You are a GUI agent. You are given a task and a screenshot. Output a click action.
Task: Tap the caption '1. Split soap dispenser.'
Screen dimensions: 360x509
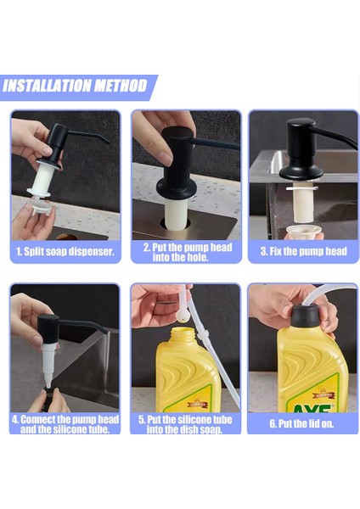[x=65, y=252]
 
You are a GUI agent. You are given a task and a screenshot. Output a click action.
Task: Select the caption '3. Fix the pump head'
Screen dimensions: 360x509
[x=303, y=252]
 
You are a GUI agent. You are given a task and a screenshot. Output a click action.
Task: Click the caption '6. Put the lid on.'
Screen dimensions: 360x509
[x=301, y=423]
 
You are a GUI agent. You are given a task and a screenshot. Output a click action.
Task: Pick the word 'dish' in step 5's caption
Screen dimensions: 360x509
[x=186, y=430]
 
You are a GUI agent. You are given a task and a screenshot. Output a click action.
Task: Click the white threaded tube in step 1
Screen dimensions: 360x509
[x=42, y=178]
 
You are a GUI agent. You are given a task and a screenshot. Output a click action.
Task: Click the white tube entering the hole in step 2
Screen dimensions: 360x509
[x=177, y=213]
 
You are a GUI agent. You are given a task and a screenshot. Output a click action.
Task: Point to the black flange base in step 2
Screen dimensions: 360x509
[x=177, y=188]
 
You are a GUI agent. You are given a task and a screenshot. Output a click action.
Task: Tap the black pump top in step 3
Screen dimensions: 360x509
[x=301, y=148]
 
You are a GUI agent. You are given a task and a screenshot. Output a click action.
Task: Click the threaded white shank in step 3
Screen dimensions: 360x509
[x=302, y=204]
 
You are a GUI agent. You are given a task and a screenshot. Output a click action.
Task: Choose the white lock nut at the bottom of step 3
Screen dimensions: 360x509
[x=304, y=232]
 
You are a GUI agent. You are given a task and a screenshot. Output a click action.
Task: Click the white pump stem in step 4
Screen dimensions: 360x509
[x=48, y=365]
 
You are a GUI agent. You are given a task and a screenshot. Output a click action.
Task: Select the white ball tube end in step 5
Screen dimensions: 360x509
[x=183, y=316]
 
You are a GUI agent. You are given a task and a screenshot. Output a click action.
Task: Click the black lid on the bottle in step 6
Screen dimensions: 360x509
[x=305, y=316]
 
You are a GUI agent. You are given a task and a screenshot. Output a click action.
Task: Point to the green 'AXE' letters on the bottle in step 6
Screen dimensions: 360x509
[x=311, y=408]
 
